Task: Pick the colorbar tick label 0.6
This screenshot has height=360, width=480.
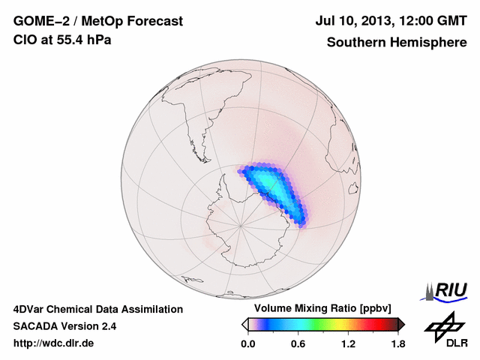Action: [298, 344]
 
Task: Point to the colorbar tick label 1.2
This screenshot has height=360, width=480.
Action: [348, 344]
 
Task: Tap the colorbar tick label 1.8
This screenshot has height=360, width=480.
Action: [397, 344]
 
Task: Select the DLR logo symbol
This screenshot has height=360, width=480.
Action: [443, 325]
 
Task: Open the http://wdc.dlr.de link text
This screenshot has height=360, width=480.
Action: [54, 343]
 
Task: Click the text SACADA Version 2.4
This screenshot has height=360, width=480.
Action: [64, 326]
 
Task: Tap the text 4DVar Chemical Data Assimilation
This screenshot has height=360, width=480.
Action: [97, 309]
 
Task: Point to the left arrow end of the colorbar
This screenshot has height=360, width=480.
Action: [244, 324]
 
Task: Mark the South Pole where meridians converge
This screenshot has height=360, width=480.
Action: [241, 224]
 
